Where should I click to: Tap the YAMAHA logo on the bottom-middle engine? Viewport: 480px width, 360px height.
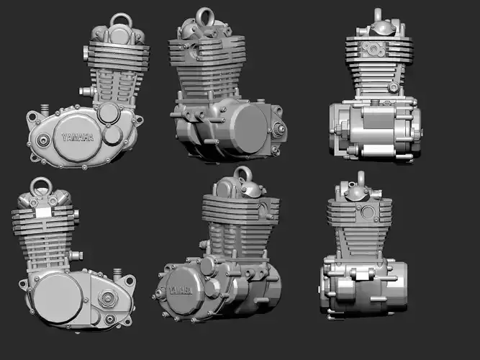point(180,290)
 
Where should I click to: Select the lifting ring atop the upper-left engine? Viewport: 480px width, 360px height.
point(120,19)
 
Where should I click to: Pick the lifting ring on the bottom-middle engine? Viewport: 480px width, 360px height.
point(243,175)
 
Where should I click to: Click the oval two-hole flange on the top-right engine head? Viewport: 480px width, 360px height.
point(374,48)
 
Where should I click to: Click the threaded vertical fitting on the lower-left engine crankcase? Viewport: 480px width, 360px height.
point(117,274)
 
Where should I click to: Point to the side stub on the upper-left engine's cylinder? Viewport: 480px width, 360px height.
point(85,91)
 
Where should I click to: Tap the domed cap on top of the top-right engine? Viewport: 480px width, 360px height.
point(379,27)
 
